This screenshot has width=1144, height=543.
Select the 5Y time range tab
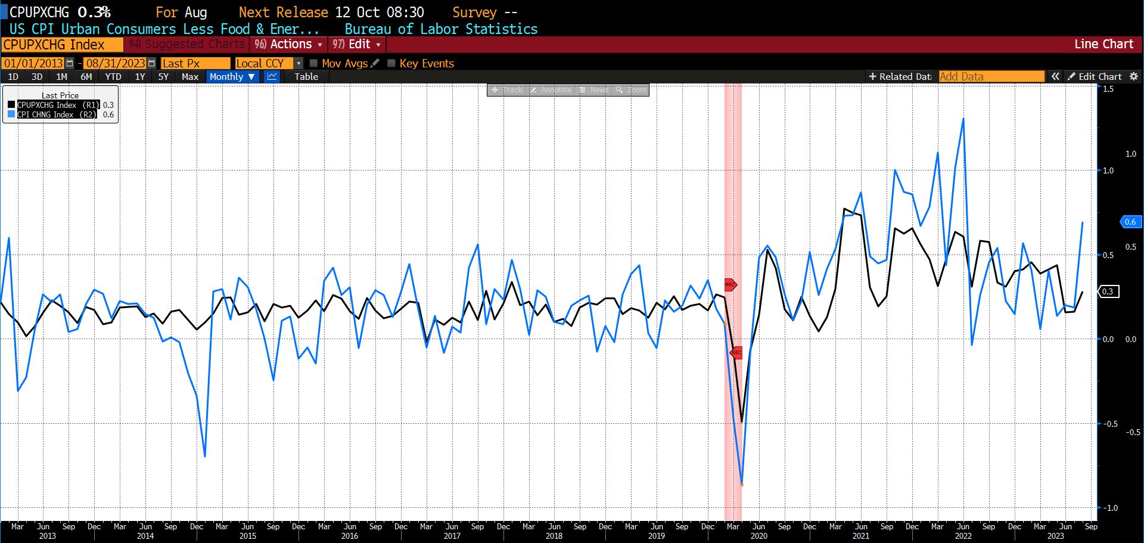pos(163,77)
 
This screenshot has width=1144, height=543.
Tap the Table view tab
pos(306,77)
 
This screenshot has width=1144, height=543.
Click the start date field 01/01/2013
pos(33,64)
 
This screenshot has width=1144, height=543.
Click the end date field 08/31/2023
pos(116,64)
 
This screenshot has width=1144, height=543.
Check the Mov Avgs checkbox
pos(314,63)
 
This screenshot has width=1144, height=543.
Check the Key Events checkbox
pos(391,63)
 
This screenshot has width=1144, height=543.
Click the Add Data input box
pos(991,77)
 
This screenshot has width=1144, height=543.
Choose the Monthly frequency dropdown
pos(232,77)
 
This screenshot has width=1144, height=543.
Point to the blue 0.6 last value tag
pos(1130,222)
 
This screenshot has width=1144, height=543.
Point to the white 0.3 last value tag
pos(1108,291)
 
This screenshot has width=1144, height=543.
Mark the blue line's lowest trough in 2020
pos(742,484)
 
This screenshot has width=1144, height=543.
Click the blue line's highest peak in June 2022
pos(963,119)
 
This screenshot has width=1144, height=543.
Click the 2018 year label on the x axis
pos(554,536)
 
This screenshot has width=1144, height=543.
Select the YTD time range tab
pos(113,77)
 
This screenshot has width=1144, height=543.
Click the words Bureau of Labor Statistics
pos(441,29)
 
